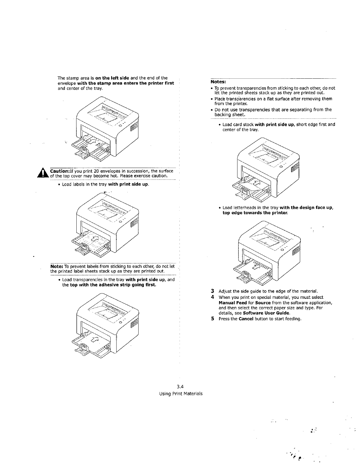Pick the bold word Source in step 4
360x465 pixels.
261,303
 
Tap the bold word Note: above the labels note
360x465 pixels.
57,266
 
